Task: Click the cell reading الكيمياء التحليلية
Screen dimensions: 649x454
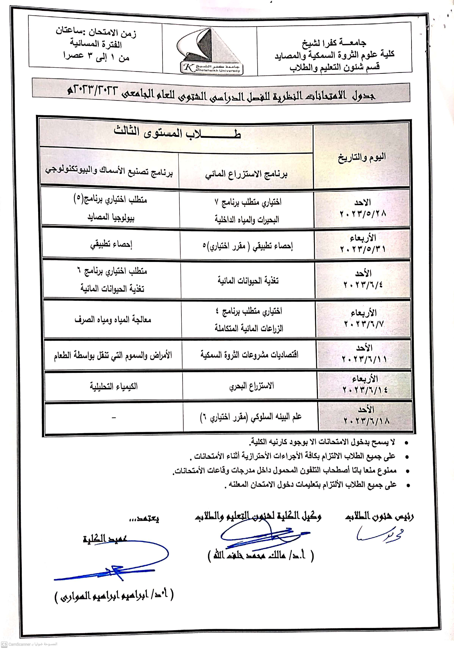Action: click(x=114, y=386)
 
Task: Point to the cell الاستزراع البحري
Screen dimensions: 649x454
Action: click(x=251, y=386)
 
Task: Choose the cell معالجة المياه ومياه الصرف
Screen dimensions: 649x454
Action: click(x=113, y=320)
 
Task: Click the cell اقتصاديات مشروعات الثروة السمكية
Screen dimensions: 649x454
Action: click(x=249, y=354)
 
